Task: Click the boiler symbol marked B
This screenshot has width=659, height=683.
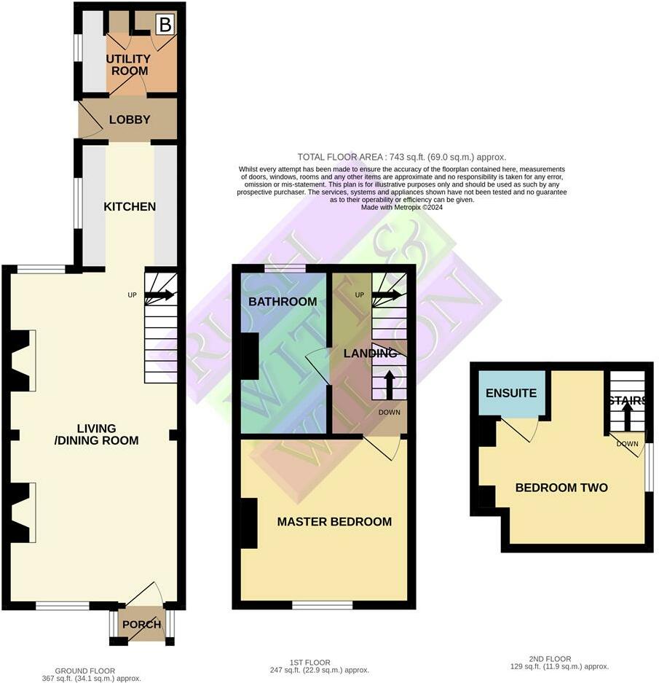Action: (x=165, y=25)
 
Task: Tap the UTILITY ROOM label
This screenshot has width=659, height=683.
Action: (x=128, y=65)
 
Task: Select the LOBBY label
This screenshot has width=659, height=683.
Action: (x=129, y=120)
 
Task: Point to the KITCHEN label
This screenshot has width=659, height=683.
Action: (x=130, y=206)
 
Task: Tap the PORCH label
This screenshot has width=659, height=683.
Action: (x=141, y=625)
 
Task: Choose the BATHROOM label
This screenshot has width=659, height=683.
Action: (x=283, y=301)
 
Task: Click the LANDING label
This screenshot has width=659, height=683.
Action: (x=370, y=353)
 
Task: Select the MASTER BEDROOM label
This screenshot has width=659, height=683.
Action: (x=334, y=521)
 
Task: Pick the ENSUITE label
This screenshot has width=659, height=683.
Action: (x=512, y=393)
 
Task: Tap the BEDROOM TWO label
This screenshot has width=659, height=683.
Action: (x=561, y=488)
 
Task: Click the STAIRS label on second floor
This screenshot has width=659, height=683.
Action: (x=628, y=400)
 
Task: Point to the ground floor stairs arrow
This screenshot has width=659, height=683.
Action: (x=159, y=295)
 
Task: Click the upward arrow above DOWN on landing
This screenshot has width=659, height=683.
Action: (x=389, y=384)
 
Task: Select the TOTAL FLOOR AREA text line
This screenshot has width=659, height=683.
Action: (x=401, y=157)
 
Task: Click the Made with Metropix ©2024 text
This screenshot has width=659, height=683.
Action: (x=401, y=207)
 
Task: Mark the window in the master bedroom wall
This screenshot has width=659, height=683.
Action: (x=322, y=604)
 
